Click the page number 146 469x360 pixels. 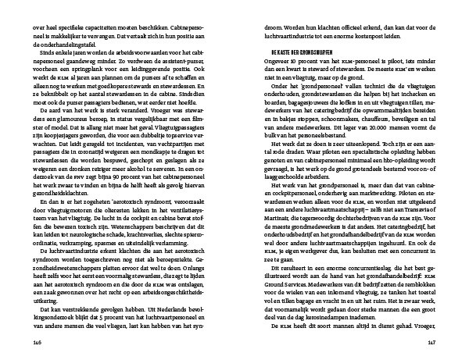[35, 340]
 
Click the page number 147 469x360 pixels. [433, 340]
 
